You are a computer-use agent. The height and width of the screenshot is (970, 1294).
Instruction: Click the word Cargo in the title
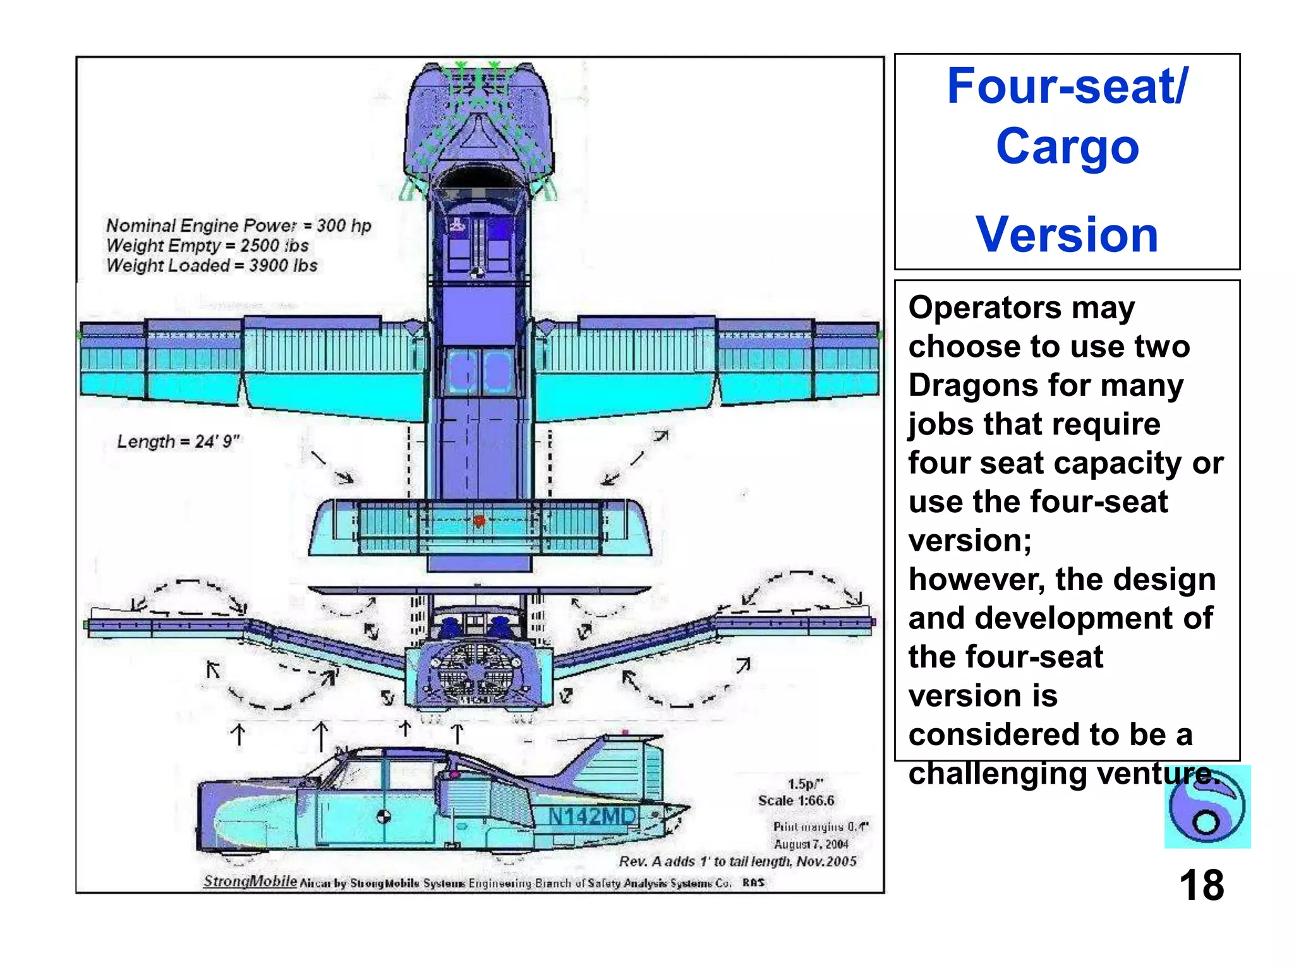(x=1067, y=147)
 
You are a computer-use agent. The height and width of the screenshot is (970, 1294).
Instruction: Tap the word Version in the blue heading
(x=1067, y=234)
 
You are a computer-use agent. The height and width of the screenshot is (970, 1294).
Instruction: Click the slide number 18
(x=1200, y=885)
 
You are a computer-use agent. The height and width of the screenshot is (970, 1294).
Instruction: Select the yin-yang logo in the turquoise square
(x=1206, y=807)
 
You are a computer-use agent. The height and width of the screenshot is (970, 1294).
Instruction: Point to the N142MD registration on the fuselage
(x=591, y=817)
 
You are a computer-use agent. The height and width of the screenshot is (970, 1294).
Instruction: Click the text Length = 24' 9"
(x=178, y=441)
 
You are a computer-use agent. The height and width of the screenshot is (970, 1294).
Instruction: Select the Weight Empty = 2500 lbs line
(x=207, y=245)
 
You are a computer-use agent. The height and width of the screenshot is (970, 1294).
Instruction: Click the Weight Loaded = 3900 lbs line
(x=212, y=265)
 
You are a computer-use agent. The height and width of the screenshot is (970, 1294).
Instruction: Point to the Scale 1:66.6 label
(x=796, y=801)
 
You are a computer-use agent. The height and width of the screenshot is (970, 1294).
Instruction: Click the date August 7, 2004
(x=811, y=844)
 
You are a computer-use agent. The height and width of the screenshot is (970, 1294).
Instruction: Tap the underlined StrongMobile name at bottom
(x=250, y=881)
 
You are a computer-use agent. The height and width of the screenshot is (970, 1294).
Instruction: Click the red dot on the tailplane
(x=479, y=521)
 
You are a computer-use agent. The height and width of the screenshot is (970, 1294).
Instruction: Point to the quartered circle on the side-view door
(x=384, y=817)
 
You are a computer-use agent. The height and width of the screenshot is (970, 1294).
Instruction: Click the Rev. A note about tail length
(x=737, y=861)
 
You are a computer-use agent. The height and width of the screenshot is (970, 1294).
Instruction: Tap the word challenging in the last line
(x=998, y=774)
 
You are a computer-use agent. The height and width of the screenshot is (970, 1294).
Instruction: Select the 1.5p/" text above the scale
(x=805, y=784)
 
